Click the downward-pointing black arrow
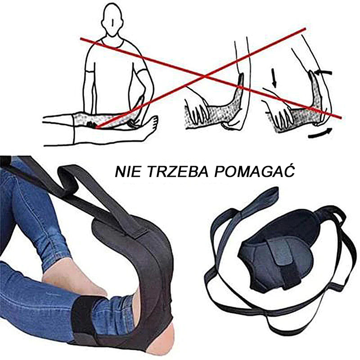coord(274,77)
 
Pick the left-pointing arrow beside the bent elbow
coord(323,73)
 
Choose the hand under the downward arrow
coord(279,111)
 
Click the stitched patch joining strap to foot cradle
coord(135,229)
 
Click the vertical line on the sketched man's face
coord(112,22)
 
